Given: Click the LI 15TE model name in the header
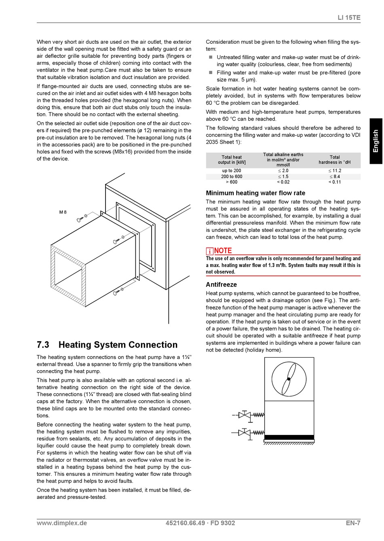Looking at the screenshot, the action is click(x=349, y=18).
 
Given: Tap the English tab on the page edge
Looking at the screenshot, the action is click(x=376, y=141).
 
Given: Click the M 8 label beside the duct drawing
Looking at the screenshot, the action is click(x=63, y=212).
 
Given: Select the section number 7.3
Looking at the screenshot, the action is click(x=43, y=345).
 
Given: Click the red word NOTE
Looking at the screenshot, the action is click(x=223, y=250).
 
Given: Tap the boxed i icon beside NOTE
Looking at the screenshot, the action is click(x=210, y=251).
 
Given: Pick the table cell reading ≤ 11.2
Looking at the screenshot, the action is click(x=335, y=170).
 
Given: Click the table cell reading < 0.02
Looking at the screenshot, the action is click(x=283, y=182).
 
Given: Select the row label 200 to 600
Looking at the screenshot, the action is click(x=232, y=176).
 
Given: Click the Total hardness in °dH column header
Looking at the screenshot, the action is click(x=335, y=160).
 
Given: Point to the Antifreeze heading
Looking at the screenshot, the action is click(x=221, y=284).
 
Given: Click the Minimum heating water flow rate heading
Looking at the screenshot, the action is click(x=255, y=193).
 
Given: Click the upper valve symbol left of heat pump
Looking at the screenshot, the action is click(x=245, y=415).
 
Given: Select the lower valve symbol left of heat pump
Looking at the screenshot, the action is click(x=245, y=433).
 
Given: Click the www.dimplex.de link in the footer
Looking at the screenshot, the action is click(x=62, y=523).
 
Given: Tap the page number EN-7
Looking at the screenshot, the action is click(x=353, y=523).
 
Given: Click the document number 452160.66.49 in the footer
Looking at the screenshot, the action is click(x=185, y=523).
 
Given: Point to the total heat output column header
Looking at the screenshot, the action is click(x=232, y=160).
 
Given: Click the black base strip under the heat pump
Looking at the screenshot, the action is click(x=289, y=437).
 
